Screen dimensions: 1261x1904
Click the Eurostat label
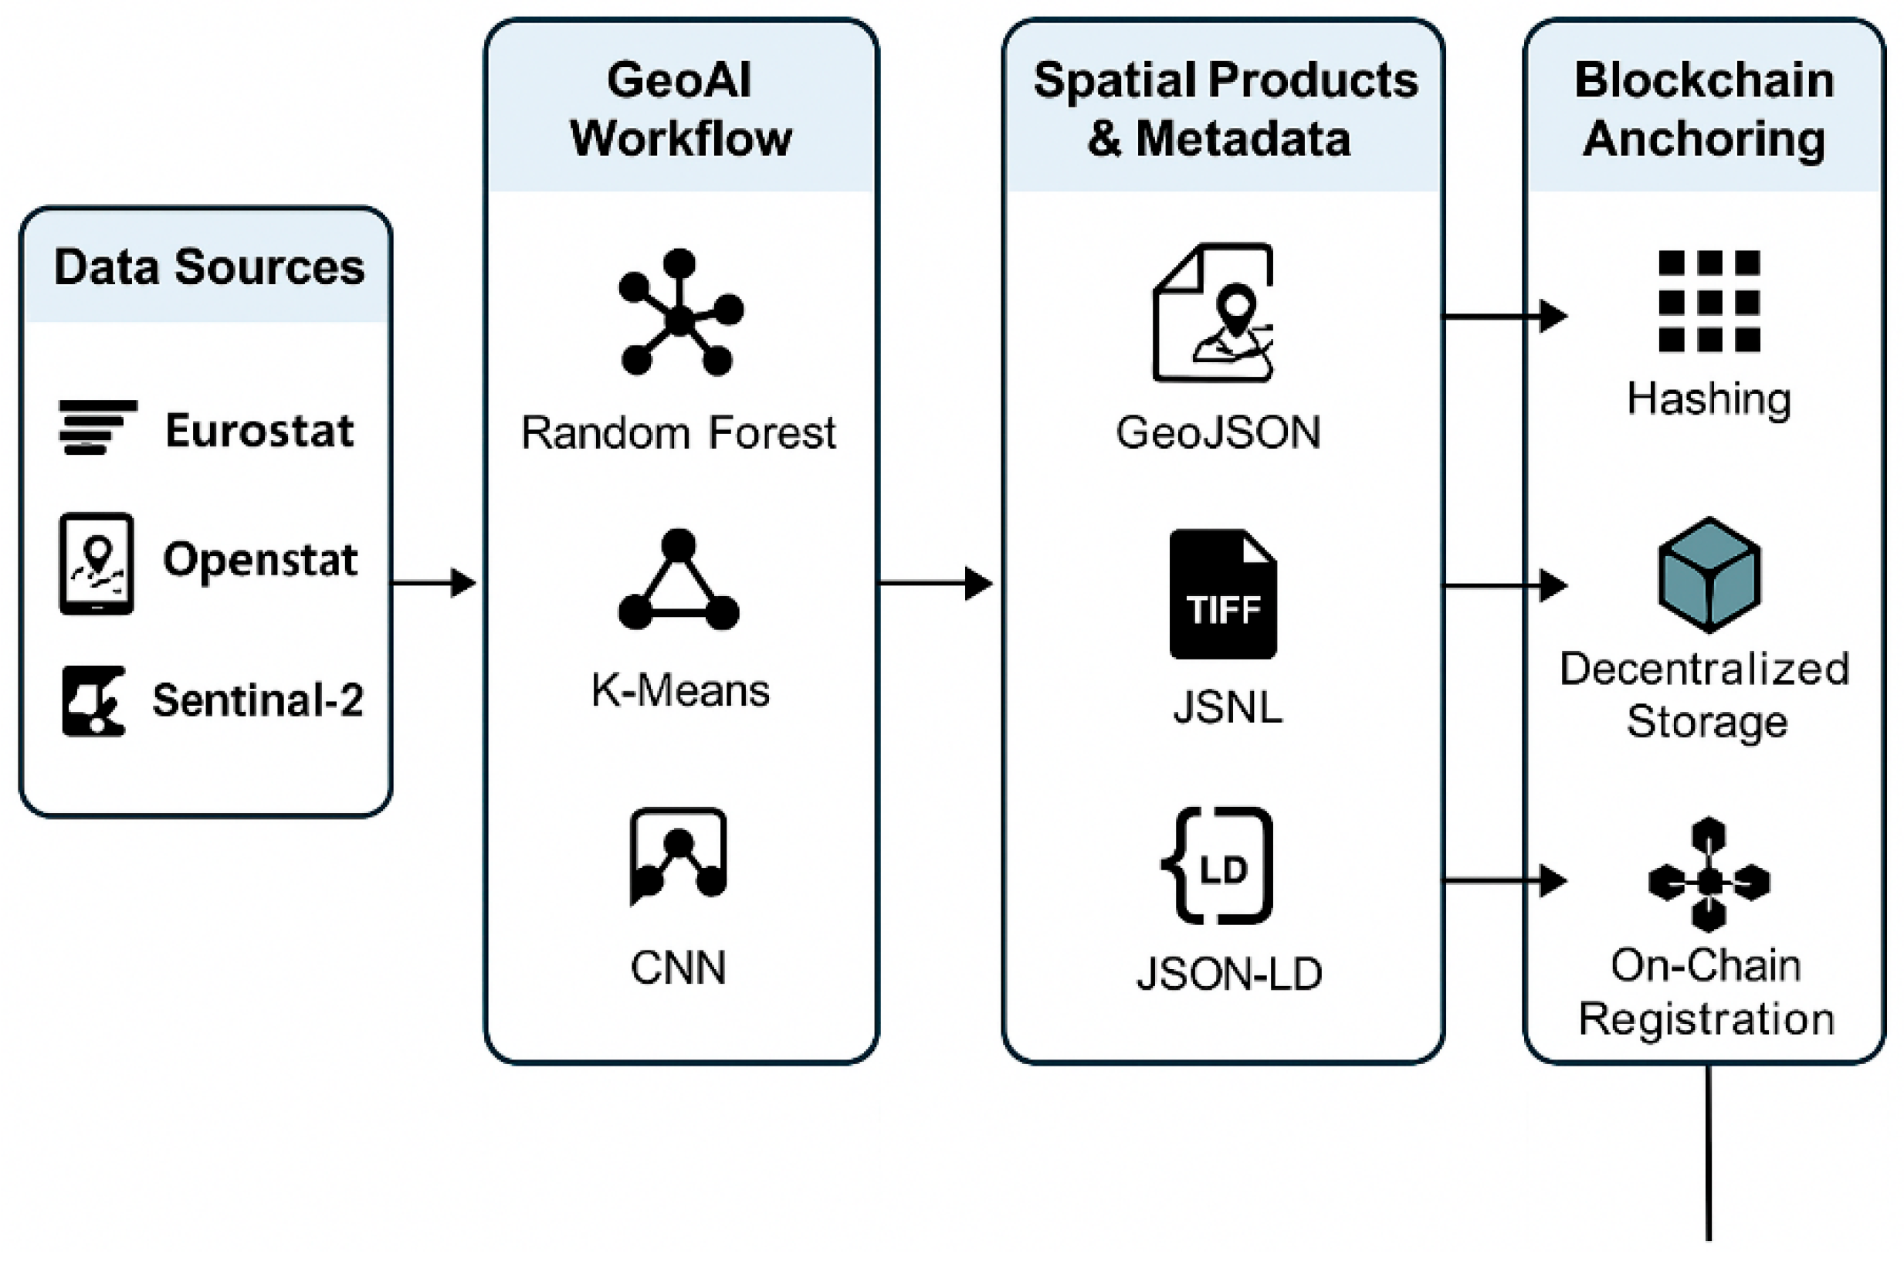click(259, 430)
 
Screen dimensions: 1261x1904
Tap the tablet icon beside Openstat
click(97, 564)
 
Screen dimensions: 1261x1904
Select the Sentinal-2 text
click(258, 700)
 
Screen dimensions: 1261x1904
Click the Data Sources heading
click(209, 267)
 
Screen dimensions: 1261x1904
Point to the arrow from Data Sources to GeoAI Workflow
click(434, 582)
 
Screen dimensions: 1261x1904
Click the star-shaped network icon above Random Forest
click(680, 314)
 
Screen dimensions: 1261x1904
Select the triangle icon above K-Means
click(679, 581)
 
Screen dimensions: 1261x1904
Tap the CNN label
click(678, 968)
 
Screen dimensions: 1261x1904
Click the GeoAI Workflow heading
click(680, 110)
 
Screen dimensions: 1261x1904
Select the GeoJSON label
click(1218, 432)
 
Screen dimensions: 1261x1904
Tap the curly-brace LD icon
click(1218, 866)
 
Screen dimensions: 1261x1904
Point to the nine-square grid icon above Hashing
click(1709, 302)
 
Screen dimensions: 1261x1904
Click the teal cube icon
click(1709, 575)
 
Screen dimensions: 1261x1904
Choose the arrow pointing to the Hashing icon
click(1503, 316)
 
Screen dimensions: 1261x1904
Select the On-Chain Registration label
click(1706, 992)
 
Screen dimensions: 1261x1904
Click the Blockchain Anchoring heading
click(1705, 110)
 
